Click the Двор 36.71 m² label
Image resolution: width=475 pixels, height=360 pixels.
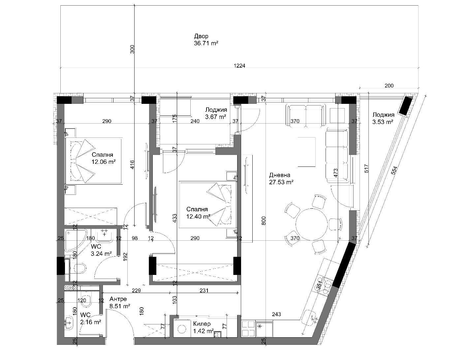point(206,40)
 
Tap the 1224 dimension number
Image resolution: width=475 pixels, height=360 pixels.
point(239,66)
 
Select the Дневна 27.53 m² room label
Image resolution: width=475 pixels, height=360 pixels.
point(281,178)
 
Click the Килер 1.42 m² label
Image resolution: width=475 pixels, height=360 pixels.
point(203,327)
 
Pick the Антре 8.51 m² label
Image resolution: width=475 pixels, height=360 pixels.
point(119,303)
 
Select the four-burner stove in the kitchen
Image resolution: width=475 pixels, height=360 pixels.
point(248,329)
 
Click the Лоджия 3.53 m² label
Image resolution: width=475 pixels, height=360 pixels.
point(383,118)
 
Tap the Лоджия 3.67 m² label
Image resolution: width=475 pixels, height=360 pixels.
point(216,113)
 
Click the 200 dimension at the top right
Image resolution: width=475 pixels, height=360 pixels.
point(389,86)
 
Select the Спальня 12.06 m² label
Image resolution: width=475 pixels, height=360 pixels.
point(103,158)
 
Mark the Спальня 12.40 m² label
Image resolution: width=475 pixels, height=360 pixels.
point(198,213)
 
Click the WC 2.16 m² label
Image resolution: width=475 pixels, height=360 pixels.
point(90,318)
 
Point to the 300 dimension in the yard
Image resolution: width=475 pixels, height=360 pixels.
point(132,49)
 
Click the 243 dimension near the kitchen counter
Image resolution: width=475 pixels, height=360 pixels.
point(276,314)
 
